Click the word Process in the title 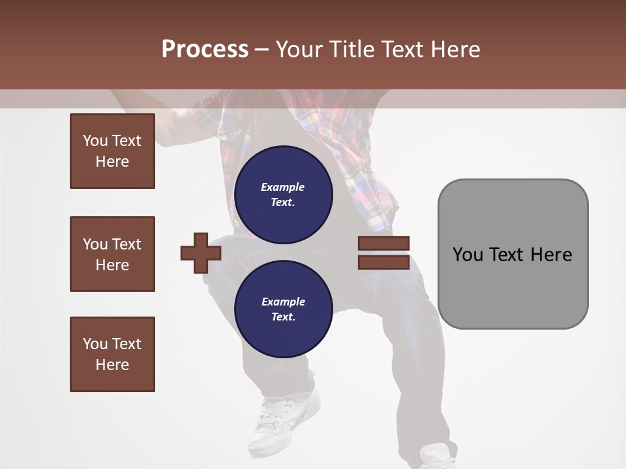coord(205,50)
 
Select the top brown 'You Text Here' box coord(112,151)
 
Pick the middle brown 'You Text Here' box coord(112,254)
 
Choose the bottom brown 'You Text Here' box coord(112,354)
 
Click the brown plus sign coord(201,253)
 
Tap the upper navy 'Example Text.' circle coord(283,194)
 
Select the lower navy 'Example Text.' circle coord(283,309)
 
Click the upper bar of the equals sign coord(383,243)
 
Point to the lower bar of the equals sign coord(383,262)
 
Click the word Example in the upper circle coord(282,187)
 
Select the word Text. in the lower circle coord(283,317)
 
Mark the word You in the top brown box coord(95,141)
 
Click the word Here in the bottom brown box coord(112,365)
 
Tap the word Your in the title coord(300,50)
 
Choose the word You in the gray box coord(468,255)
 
